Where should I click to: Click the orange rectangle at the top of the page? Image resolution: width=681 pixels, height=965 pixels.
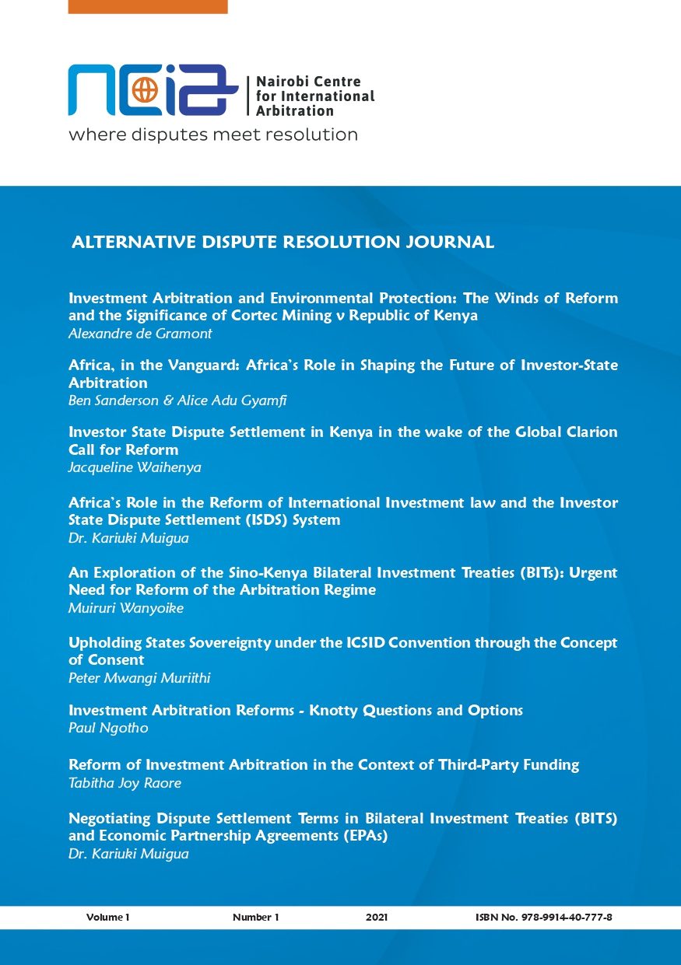[148, 6]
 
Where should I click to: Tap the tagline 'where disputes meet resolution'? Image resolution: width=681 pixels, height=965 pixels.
[212, 135]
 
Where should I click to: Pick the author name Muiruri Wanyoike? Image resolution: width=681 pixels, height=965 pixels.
[126, 608]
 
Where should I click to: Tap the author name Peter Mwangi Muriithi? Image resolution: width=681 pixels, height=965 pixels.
[139, 678]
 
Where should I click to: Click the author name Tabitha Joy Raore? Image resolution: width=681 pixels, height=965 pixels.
[125, 783]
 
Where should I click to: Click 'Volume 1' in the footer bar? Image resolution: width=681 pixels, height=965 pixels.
[107, 918]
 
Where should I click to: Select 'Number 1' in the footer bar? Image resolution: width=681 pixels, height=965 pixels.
[255, 918]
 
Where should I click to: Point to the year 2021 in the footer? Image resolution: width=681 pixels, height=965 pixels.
[377, 918]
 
